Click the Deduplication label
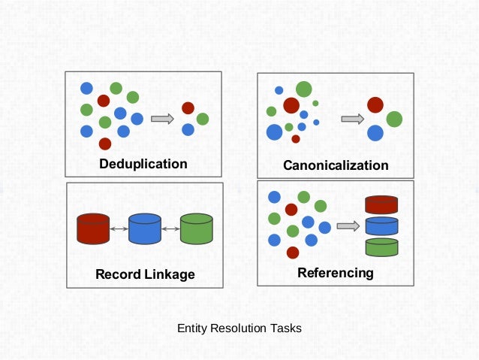coord(143,164)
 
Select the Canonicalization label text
coord(336,165)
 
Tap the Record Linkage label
coord(144,274)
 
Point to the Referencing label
coord(335,272)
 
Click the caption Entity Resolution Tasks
coord(239,328)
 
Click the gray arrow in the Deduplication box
coord(161,118)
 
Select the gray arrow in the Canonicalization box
coord(352,119)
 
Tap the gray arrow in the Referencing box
coord(348,225)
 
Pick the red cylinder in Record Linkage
coord(93,228)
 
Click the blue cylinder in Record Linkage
coord(145,228)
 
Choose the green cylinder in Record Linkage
coord(197,228)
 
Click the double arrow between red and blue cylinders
coord(119,228)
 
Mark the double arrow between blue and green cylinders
coord(171,228)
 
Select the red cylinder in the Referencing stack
coord(381,204)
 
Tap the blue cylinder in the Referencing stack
coord(381,225)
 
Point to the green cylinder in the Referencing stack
coord(381,247)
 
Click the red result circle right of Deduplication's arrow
coord(188,108)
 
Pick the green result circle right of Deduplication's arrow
coord(203,119)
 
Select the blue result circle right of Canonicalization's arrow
coord(375,133)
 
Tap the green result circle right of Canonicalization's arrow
coord(394,119)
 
